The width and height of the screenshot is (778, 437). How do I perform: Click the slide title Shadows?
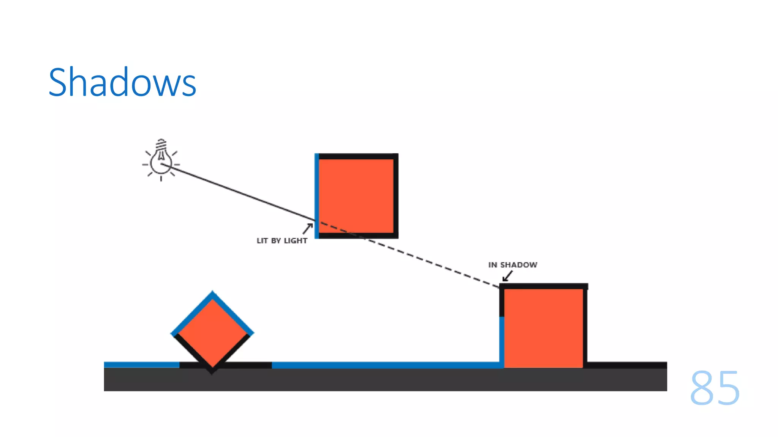(122, 82)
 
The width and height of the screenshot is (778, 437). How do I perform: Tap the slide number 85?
(715, 388)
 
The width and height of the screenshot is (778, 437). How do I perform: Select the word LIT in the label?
(262, 241)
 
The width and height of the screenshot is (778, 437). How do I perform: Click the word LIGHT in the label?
(296, 241)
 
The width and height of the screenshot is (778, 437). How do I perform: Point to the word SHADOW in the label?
(519, 265)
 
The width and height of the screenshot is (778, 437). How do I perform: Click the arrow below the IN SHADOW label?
(507, 277)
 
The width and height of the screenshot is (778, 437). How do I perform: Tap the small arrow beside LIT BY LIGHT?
(308, 228)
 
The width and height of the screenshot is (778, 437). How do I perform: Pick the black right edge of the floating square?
(396, 195)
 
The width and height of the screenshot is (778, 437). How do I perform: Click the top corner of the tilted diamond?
(212, 293)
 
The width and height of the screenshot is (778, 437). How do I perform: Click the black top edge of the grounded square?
(543, 286)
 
